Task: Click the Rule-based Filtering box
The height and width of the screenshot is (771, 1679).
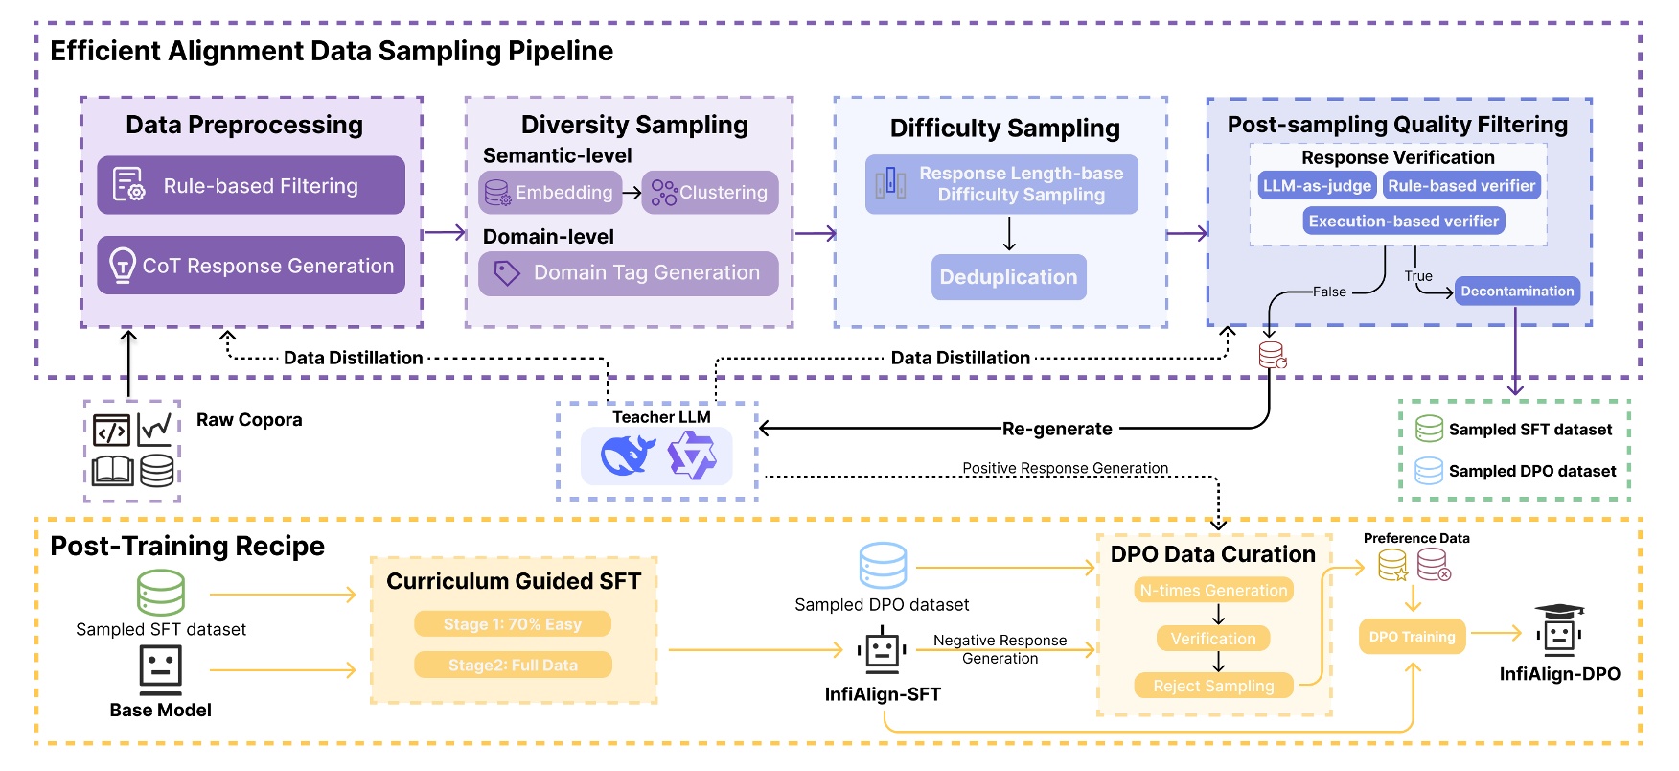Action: [x=250, y=185]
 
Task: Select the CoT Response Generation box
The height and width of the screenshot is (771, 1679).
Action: [x=250, y=266]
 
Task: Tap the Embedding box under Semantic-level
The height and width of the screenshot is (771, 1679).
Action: [x=550, y=193]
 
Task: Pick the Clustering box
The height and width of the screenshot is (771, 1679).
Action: [x=709, y=193]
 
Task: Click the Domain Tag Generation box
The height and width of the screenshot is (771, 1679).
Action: [x=628, y=273]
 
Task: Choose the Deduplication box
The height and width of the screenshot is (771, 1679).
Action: [x=1008, y=277]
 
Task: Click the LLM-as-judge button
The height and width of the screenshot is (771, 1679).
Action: [x=1317, y=186]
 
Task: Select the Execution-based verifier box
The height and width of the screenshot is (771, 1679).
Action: [x=1403, y=222]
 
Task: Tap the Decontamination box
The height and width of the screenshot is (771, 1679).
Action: [x=1517, y=292]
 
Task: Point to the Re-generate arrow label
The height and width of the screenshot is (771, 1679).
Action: [x=1057, y=429]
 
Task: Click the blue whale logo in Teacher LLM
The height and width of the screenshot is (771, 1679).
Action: [x=627, y=456]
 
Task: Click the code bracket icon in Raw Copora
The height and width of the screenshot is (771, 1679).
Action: [x=111, y=432]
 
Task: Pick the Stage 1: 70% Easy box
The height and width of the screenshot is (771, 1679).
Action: [x=512, y=624]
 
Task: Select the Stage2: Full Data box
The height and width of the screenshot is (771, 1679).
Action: [x=512, y=666]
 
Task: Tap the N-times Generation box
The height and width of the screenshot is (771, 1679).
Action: [x=1213, y=591]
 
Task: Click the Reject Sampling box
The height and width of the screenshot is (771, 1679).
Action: [x=1213, y=686]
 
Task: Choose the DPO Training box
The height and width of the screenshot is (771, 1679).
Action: [x=1412, y=637]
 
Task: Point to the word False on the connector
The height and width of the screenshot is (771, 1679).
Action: [x=1329, y=292]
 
